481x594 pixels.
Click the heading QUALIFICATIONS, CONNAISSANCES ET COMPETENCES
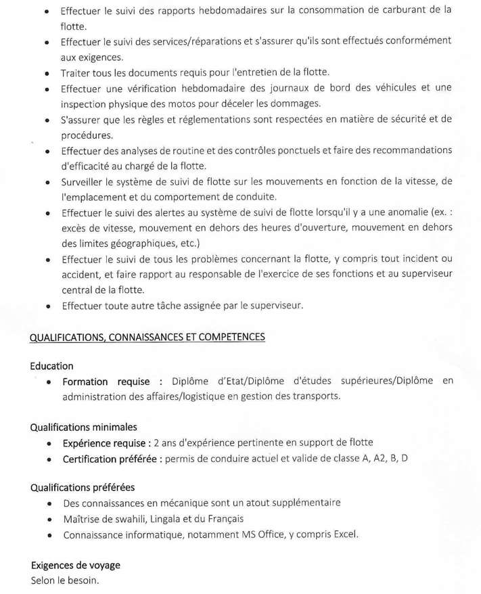click(148, 336)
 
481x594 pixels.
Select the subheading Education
click(51, 365)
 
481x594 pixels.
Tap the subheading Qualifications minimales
click(84, 427)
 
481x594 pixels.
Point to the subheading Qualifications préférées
click(83, 487)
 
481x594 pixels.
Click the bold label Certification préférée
click(112, 459)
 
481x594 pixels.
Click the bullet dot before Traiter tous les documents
click(45, 73)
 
